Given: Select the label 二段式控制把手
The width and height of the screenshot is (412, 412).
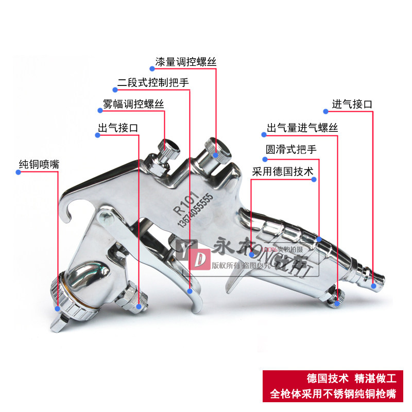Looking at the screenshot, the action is (x=152, y=82).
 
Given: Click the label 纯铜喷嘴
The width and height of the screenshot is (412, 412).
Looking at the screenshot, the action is (x=39, y=165).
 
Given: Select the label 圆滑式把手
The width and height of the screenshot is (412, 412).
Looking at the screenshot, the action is (x=291, y=150).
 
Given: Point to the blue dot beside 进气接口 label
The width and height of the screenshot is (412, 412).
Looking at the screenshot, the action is (x=325, y=110).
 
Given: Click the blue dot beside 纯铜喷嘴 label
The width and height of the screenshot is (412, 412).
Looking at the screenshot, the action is (x=18, y=172).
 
